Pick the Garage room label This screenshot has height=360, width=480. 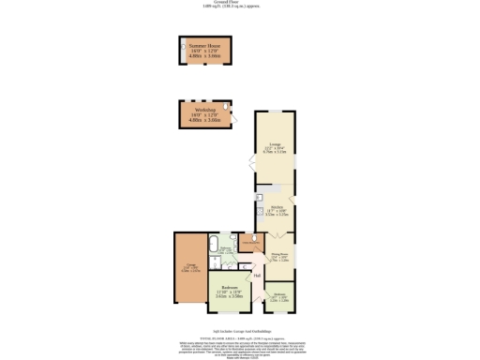pos(189,268)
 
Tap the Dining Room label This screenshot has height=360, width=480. pos(278,255)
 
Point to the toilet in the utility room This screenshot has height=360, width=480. pos(252,239)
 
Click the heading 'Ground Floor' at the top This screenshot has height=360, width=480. pos(240,4)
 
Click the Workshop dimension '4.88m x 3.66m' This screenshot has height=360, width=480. pos(203,120)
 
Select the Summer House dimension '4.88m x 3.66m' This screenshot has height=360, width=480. pos(203,56)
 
